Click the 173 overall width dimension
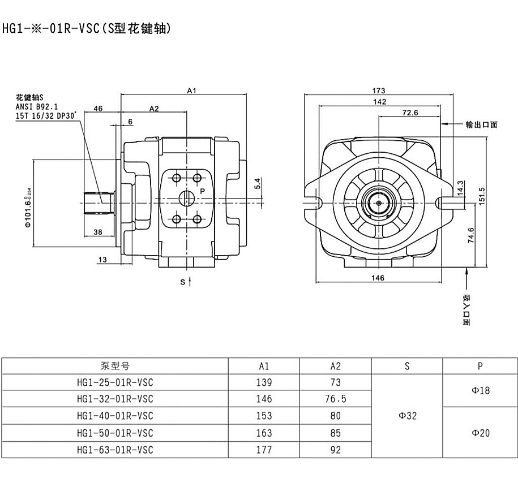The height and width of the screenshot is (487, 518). pos(379,90)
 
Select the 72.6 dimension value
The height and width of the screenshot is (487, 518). pos(410,113)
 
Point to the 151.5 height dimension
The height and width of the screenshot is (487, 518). pos(482,197)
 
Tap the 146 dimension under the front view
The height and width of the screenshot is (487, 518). pos(378,278)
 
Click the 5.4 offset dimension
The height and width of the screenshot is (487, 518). pos(258,183)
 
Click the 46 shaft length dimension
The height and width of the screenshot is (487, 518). pos(98,109)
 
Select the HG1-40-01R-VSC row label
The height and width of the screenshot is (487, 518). pos(114,416)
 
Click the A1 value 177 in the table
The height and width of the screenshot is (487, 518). pos(264,450)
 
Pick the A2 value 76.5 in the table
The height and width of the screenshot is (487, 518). pos(336,399)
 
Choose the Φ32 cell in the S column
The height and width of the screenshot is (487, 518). pos(407,416)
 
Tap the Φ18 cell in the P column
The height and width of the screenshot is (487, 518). pos(480,390)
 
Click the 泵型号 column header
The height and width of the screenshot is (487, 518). pos(114,366)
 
